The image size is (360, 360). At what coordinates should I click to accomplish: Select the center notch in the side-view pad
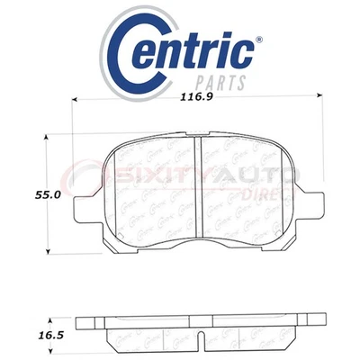[197, 338]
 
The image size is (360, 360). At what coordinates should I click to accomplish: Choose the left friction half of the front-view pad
[148, 184]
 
